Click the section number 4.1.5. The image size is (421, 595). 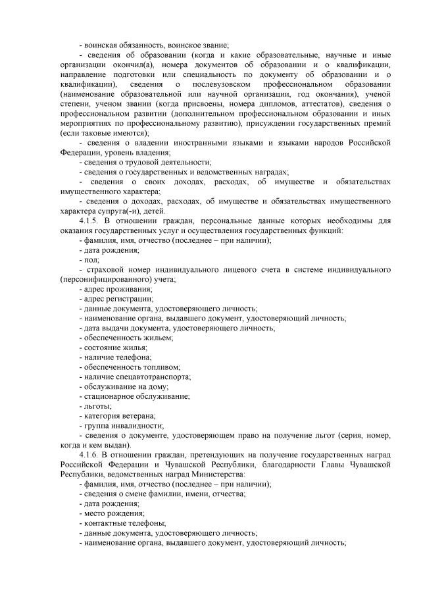click(88, 220)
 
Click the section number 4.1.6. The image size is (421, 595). click(88, 455)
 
